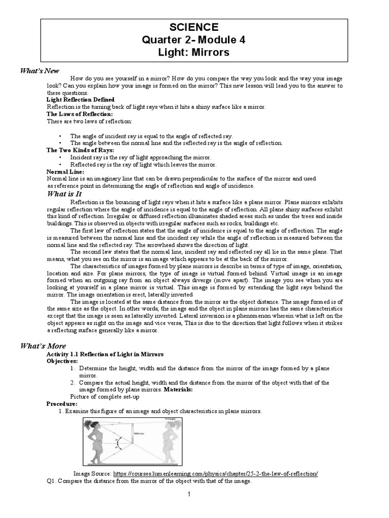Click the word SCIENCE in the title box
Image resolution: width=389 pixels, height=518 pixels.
coord(194,27)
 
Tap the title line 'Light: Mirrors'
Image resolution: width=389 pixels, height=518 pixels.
coord(194,53)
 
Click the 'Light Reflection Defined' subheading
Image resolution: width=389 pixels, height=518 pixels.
coord(81,100)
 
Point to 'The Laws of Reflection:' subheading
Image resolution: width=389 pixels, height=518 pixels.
coord(80,114)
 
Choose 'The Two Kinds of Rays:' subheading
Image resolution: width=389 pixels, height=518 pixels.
coord(80,150)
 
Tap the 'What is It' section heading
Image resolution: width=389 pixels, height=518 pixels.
coord(64,194)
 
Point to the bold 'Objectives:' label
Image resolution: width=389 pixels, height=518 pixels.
coord(62,361)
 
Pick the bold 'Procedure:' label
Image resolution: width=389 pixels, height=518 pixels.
coord(62,404)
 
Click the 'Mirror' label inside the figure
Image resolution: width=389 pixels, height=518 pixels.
coord(139,434)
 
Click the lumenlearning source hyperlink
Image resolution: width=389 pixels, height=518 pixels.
coord(216,473)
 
